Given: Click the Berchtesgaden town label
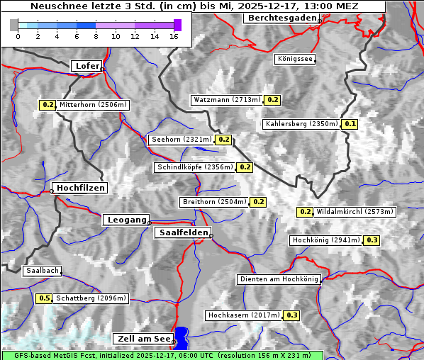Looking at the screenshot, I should point(281,18).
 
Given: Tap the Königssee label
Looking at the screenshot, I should point(294,60).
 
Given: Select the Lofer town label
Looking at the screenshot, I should point(87,66).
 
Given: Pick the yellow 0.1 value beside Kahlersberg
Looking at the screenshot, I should point(350,124).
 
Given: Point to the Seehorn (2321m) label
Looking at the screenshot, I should point(182,140).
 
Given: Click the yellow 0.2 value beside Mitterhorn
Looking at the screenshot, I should point(48,105).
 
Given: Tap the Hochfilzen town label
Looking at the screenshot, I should point(80,188).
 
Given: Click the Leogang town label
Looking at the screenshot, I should point(127,220).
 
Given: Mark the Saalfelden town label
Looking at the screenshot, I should point(182,232).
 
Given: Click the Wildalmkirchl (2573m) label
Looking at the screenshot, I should point(355,212).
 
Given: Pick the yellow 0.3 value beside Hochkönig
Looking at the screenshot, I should point(372,240).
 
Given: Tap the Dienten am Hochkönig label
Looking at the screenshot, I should point(279,279).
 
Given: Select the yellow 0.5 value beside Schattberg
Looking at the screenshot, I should point(44,298).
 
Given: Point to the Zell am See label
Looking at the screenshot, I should point(142,339).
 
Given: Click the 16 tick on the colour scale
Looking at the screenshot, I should point(174,35).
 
